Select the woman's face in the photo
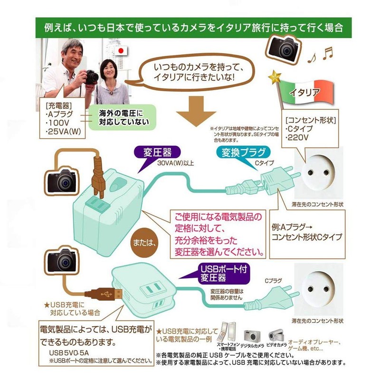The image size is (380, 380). click(109, 70)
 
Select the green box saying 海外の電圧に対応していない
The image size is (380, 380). click(120, 118)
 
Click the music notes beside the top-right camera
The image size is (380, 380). click(320, 56)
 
